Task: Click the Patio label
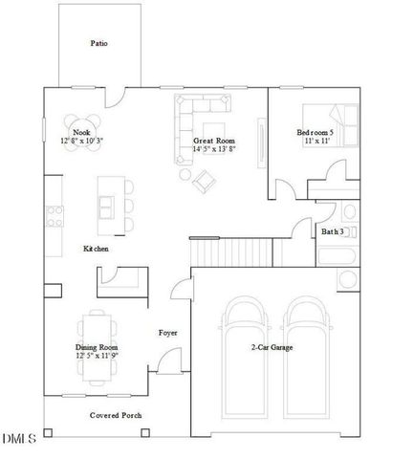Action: (x=98, y=43)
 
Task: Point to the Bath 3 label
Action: (x=332, y=231)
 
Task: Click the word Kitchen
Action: (x=96, y=249)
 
